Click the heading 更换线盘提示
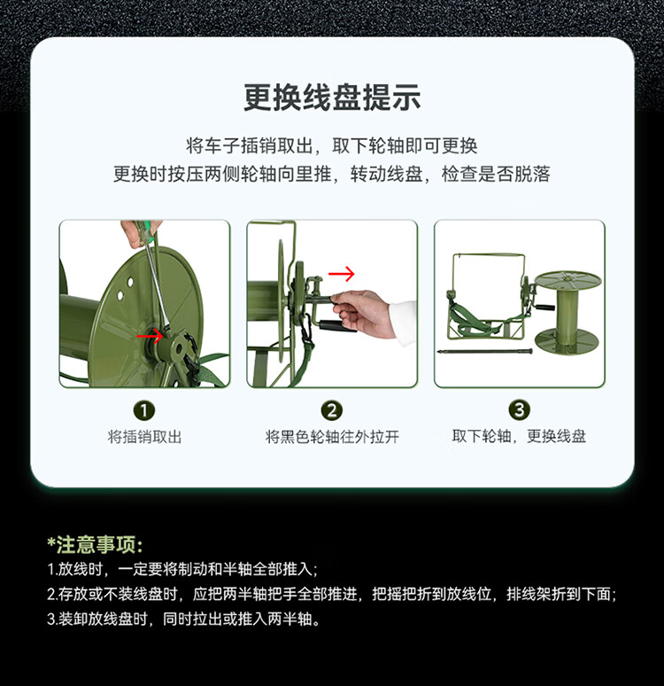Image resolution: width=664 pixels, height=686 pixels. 332,97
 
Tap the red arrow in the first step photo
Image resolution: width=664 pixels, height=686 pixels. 150,336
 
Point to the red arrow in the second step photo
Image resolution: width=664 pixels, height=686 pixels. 342,274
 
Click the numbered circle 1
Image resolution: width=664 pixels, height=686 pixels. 144,411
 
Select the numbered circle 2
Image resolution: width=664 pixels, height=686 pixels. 332,410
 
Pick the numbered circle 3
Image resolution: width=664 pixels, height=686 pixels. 520,410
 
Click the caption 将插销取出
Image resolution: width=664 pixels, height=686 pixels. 144,437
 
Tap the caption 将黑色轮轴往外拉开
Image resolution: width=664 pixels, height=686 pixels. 332,437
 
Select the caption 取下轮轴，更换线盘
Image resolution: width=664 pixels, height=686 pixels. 520,436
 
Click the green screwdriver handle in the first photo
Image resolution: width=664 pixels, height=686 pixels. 144,230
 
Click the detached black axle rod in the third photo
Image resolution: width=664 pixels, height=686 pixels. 485,351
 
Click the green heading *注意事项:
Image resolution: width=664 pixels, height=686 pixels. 95,545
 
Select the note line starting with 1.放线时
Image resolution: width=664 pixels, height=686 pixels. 182,569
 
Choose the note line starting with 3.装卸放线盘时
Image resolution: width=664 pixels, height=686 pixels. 183,619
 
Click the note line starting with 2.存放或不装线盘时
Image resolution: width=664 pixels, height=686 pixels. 332,594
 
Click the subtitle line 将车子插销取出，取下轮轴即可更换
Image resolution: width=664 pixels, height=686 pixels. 331,145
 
